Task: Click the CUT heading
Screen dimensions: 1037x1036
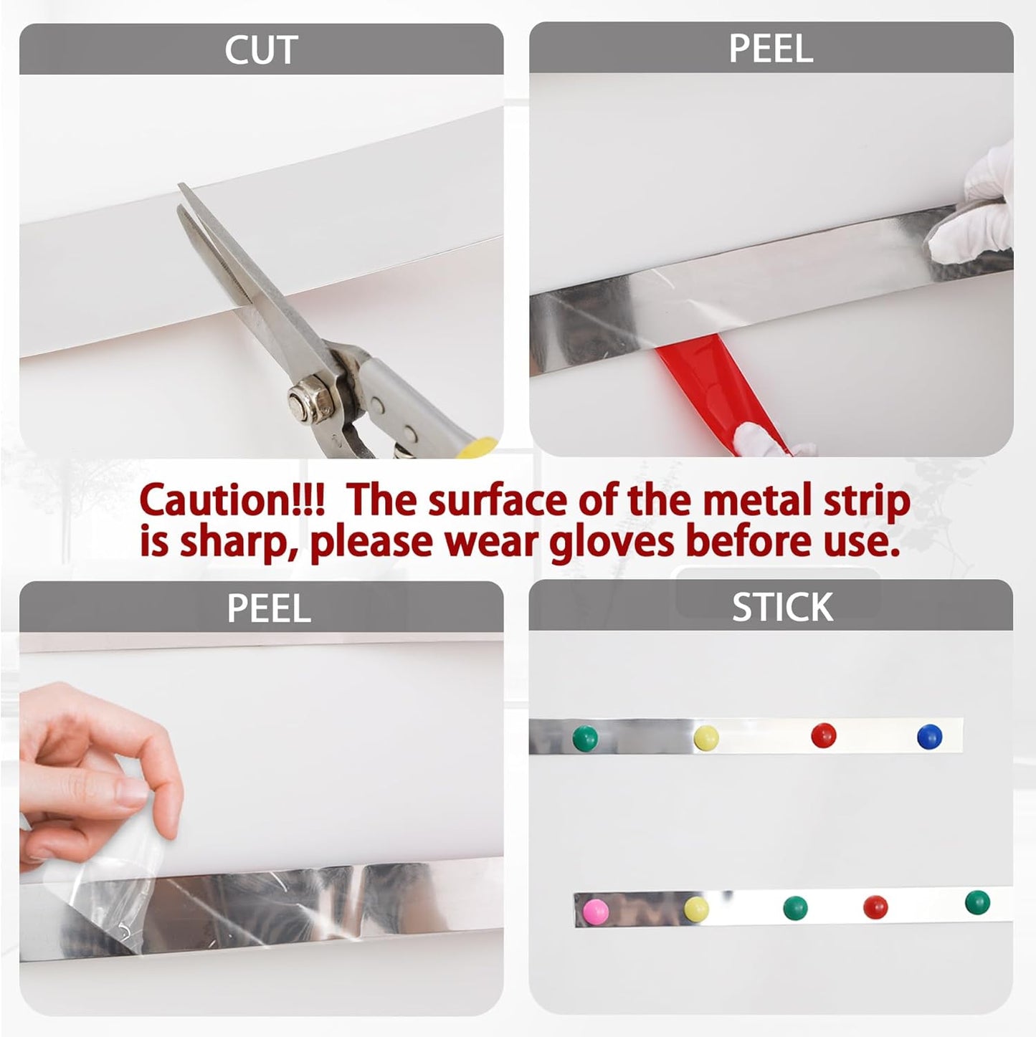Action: coord(261,50)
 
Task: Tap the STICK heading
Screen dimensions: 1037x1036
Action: coord(781,607)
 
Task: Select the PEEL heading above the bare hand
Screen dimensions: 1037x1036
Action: coord(269,608)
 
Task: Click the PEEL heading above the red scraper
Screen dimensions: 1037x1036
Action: coord(771,49)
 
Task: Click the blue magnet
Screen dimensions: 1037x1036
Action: coord(929,736)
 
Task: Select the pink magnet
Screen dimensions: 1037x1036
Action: coord(596,911)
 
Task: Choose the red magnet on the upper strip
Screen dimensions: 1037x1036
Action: coord(823,735)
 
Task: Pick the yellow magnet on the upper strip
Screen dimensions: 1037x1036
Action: coord(705,736)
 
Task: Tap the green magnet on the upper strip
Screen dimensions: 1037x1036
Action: coord(584,737)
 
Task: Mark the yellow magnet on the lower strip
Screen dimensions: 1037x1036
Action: coord(695,909)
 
